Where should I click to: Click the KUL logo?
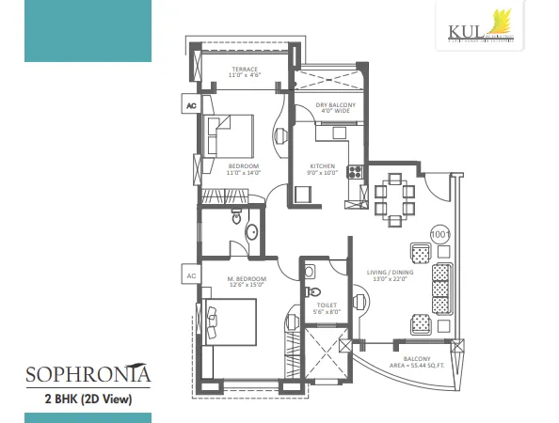pos(475,25)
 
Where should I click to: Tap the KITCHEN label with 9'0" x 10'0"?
pos(323,169)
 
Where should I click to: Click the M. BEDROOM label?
pos(246,283)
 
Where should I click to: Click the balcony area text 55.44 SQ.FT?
pos(418,364)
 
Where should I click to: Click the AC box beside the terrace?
pos(191,105)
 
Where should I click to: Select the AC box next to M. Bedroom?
pos(191,275)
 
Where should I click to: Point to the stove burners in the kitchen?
pos(357,172)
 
